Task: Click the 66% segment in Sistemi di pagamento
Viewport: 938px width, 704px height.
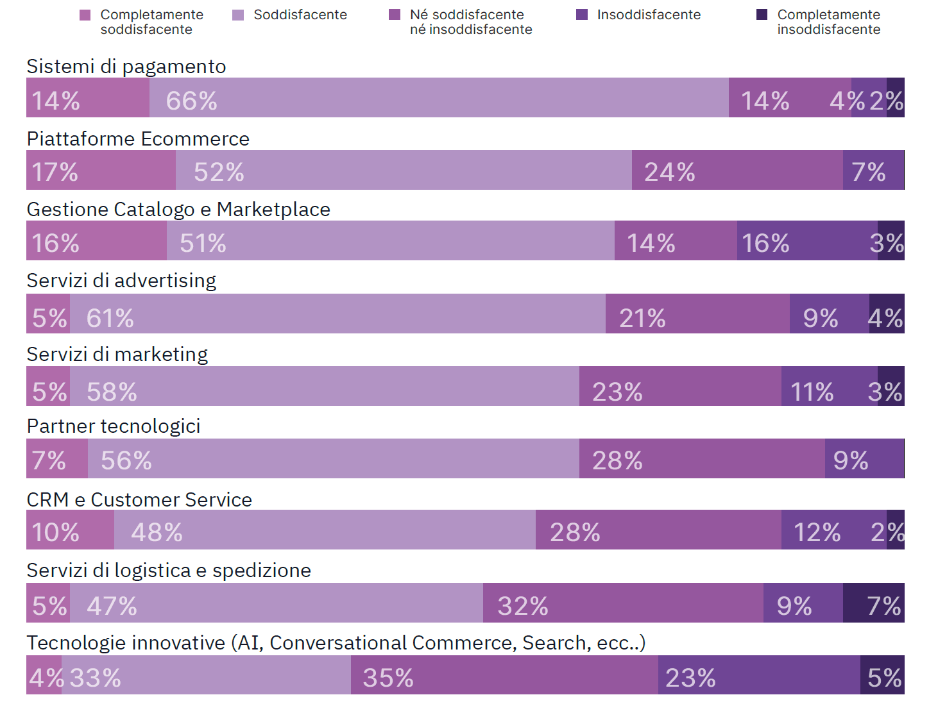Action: tap(439, 97)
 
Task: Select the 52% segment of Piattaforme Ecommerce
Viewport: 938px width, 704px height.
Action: tap(404, 170)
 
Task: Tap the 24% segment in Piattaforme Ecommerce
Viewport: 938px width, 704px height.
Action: tap(737, 170)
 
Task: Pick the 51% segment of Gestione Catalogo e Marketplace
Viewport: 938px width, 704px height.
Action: tap(390, 240)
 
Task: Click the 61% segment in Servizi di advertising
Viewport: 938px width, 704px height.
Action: tap(337, 314)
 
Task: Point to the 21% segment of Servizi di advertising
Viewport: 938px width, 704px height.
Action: tap(697, 314)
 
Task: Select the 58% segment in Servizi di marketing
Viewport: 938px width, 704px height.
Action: tap(324, 386)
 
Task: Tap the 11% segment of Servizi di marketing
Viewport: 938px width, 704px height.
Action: tap(829, 386)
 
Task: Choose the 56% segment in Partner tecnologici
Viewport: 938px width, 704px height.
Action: tap(333, 458)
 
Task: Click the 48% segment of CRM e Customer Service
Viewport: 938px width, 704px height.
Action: tap(325, 530)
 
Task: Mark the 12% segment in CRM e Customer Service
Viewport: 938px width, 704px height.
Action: tap(833, 530)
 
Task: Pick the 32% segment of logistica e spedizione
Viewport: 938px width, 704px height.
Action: tap(623, 603)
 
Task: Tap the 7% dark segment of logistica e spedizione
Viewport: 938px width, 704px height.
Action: tap(873, 603)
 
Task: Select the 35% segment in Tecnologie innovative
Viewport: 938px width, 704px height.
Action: tap(504, 675)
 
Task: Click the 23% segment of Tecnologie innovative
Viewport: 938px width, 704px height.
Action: tap(759, 675)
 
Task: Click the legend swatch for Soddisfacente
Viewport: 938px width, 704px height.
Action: tap(238, 15)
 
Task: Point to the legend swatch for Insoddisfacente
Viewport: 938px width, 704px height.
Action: tap(582, 15)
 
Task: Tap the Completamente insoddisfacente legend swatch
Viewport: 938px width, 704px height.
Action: tap(762, 15)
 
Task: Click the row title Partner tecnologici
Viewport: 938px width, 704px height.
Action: tap(114, 426)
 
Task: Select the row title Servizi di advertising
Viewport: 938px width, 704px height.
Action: tap(121, 281)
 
